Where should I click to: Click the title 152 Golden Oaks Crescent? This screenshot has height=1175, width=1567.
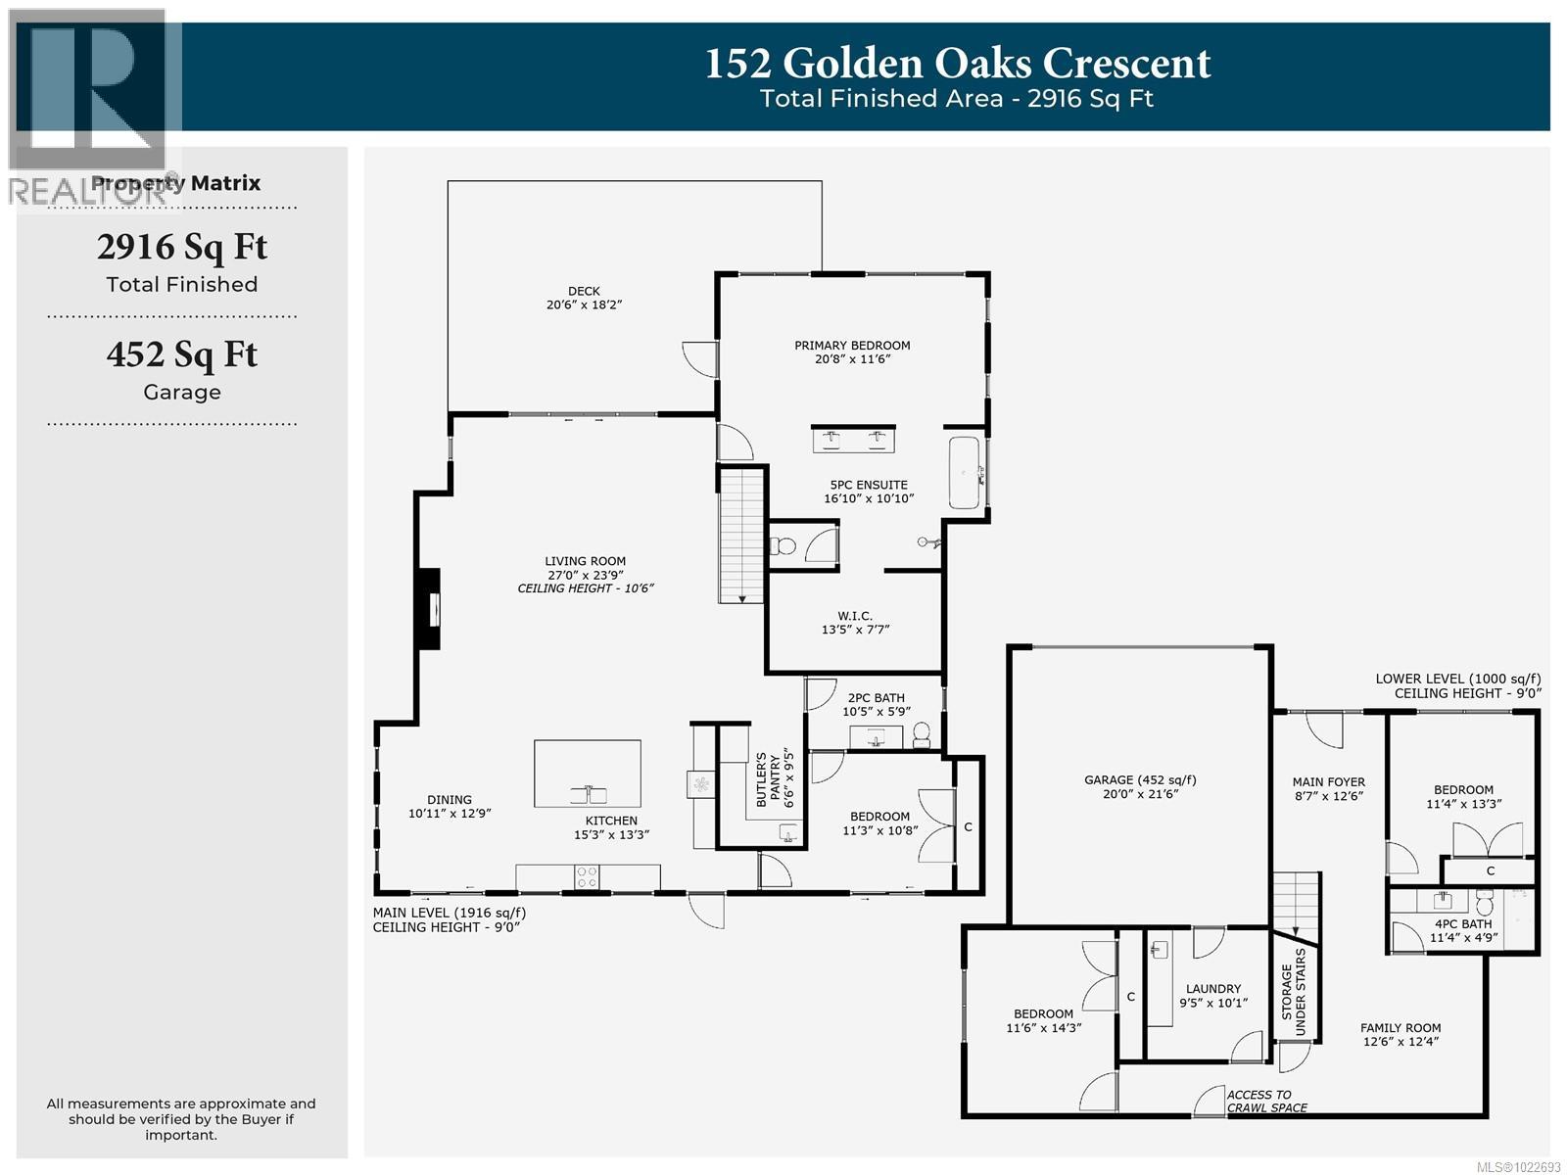[958, 64]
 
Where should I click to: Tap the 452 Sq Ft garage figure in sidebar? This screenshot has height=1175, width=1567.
[181, 354]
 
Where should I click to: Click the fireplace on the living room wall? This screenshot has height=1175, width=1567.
[428, 608]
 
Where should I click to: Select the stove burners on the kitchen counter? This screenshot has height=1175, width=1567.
[587, 876]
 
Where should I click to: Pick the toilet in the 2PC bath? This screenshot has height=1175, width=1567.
[921, 733]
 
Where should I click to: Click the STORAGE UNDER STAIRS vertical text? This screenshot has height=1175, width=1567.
[1294, 992]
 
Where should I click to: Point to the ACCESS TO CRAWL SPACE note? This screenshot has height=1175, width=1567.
[1266, 1102]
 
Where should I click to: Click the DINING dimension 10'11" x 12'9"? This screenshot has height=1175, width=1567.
[450, 813]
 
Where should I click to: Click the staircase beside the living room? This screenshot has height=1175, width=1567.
[741, 535]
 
